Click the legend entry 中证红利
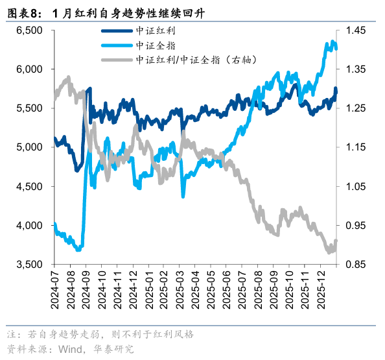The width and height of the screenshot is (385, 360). pos(156,30)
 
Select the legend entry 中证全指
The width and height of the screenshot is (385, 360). pos(156,45)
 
